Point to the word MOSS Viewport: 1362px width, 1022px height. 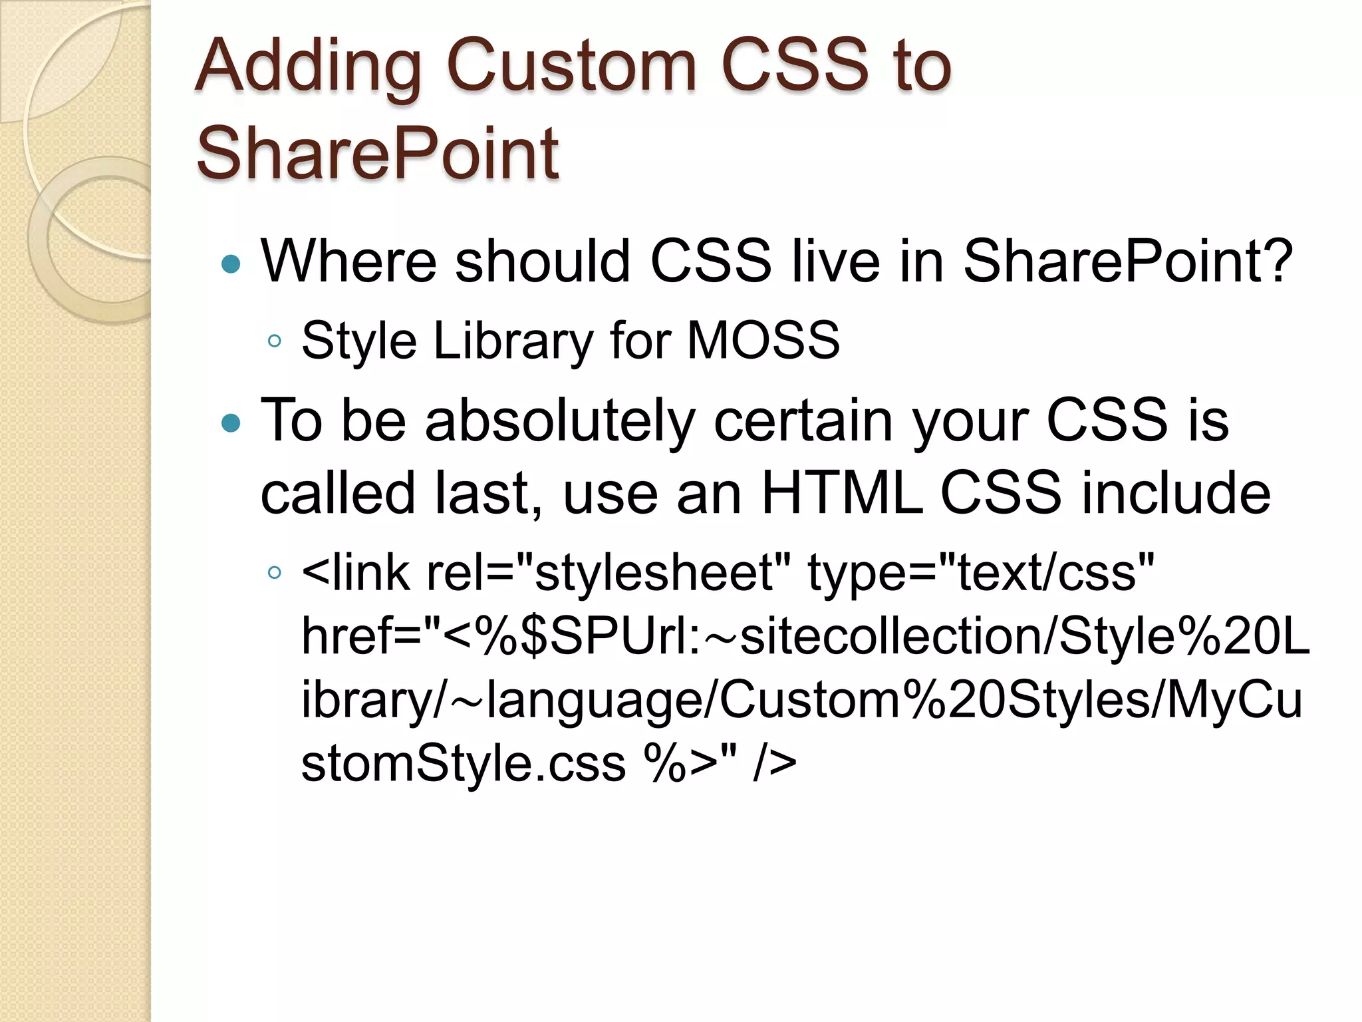coord(763,340)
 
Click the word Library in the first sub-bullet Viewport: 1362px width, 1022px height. coord(512,340)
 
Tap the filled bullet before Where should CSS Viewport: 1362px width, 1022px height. coord(230,264)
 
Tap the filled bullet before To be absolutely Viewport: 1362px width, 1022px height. coord(230,423)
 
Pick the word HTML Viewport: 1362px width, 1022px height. coord(842,493)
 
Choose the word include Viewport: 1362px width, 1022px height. coord(1175,493)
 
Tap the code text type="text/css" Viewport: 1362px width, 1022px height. coord(980,572)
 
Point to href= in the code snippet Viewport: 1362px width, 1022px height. coord(362,635)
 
